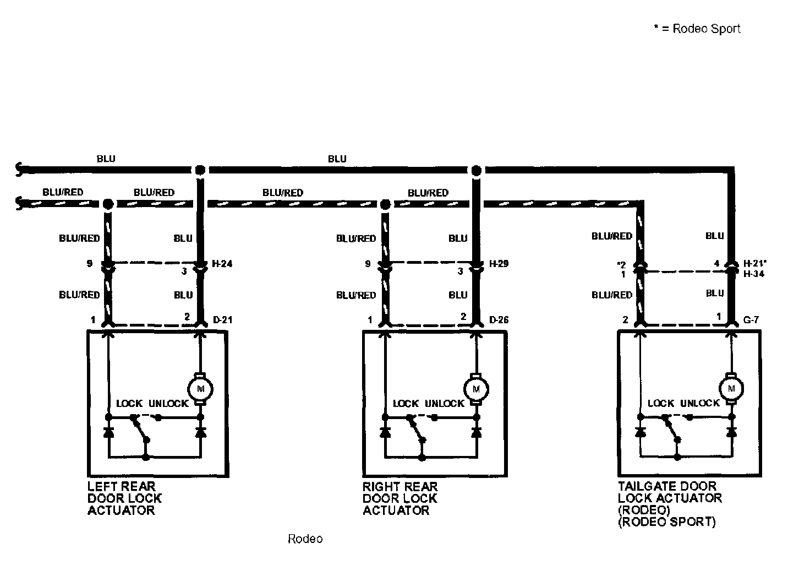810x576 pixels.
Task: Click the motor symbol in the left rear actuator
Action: (x=200, y=389)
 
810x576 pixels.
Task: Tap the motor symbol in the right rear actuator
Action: (x=477, y=389)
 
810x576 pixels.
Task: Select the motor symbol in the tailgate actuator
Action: (x=731, y=388)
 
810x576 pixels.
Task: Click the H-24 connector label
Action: (x=222, y=264)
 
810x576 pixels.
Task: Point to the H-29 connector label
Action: (x=499, y=264)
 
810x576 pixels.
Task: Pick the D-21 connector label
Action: (x=222, y=319)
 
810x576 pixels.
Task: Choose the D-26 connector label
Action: (x=499, y=319)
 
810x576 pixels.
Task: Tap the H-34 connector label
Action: (x=753, y=274)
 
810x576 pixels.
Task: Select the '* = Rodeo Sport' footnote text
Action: (x=697, y=29)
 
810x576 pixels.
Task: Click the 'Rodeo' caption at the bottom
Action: (x=305, y=539)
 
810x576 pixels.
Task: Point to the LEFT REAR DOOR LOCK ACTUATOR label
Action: (x=124, y=498)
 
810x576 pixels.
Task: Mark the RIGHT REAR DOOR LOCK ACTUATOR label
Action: (x=400, y=498)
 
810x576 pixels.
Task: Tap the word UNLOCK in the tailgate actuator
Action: (x=700, y=403)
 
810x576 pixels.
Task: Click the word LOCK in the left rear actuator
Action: (x=129, y=404)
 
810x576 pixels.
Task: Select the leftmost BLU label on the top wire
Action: (x=106, y=159)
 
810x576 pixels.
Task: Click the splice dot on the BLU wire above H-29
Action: (x=477, y=170)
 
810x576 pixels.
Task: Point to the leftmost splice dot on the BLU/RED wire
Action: (x=108, y=204)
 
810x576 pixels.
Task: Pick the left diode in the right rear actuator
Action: (x=385, y=432)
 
